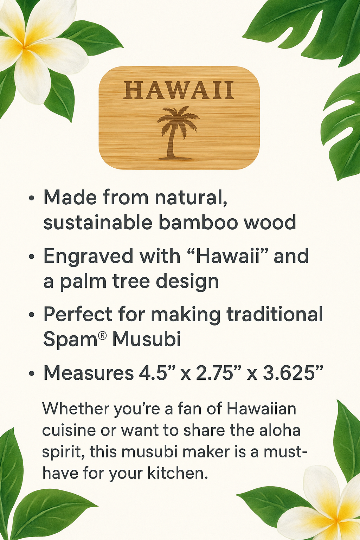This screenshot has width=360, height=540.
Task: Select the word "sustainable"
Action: tap(98, 222)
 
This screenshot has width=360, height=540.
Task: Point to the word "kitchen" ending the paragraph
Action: tap(178, 473)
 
